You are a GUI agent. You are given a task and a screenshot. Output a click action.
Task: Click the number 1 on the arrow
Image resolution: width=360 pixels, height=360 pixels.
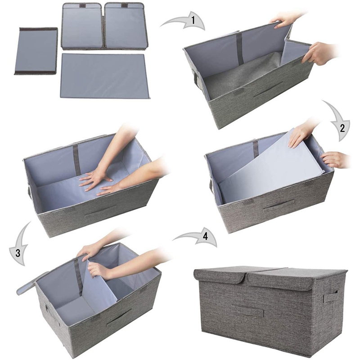(193, 20)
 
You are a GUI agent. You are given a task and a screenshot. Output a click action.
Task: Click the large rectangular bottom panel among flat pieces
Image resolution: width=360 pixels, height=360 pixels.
(105, 76)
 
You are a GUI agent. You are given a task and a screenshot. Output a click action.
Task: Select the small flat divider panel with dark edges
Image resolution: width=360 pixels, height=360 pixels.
(36, 50)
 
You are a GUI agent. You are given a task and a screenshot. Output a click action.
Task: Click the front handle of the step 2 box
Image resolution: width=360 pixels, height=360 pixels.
(275, 206)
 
